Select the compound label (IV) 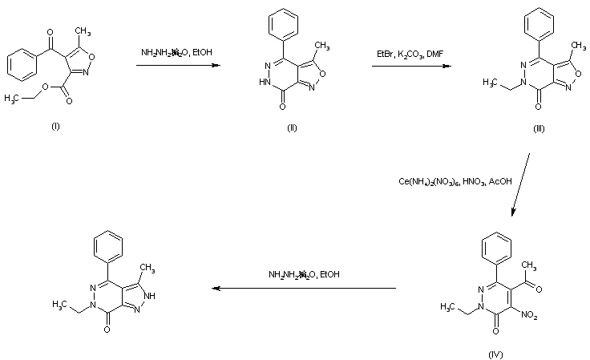(x=495, y=353)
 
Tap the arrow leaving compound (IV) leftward (x=304, y=287)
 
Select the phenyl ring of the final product (x=108, y=244)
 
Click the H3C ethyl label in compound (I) (x=11, y=98)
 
